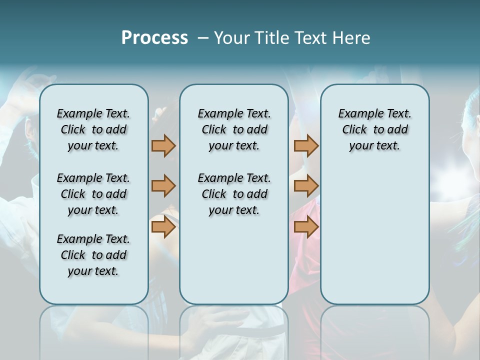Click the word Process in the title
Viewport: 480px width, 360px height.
click(x=154, y=38)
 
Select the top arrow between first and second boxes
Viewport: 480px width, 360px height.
click(x=163, y=145)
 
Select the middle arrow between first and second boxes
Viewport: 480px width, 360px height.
click(x=163, y=186)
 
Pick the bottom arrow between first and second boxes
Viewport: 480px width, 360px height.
click(x=163, y=227)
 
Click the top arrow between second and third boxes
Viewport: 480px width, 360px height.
click(x=306, y=145)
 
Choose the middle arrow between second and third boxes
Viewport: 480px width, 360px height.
click(x=306, y=186)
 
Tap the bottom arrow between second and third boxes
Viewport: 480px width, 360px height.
click(x=306, y=227)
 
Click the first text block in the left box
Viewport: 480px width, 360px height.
click(x=93, y=129)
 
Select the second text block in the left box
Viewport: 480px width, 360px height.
click(x=93, y=194)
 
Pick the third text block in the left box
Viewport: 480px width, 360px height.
click(x=93, y=255)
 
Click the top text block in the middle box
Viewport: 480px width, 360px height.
click(x=234, y=129)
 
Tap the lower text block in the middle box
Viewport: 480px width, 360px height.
click(x=234, y=194)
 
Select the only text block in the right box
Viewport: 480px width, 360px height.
click(x=374, y=129)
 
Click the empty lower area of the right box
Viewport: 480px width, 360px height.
click(x=374, y=235)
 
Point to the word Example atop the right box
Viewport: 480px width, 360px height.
click(x=356, y=114)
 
